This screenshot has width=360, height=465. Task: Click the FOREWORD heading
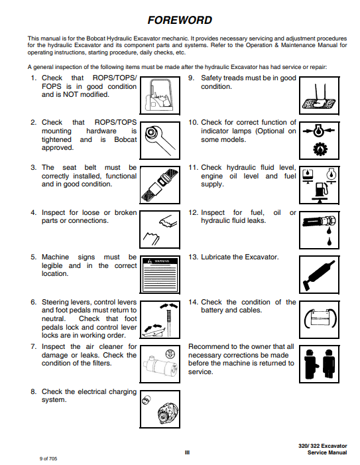180,20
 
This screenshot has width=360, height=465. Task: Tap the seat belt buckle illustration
160,185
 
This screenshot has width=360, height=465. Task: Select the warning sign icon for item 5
160,275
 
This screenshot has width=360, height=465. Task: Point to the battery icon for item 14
319,319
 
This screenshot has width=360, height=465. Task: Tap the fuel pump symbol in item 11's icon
321,189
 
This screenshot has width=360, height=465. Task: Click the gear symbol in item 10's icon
320,149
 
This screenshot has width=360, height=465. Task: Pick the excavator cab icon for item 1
160,96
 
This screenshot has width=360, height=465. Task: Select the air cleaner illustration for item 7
160,364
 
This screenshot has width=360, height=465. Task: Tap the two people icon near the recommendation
319,364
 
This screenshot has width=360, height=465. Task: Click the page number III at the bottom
187,452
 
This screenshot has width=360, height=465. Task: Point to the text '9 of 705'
48,458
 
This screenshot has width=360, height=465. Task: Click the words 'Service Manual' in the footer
327,452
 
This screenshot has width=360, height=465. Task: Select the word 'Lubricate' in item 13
215,257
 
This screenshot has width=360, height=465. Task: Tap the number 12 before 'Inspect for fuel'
193,213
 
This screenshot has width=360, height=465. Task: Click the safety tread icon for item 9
319,96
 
